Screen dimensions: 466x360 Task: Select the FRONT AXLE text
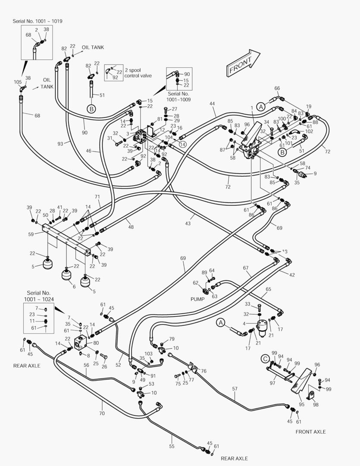click(310, 431)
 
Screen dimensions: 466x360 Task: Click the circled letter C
click(265, 358)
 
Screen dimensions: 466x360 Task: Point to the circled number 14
click(182, 145)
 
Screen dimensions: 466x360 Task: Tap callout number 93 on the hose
click(60, 143)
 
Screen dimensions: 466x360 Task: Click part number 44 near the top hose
click(212, 104)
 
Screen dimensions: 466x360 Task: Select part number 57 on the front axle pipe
click(235, 389)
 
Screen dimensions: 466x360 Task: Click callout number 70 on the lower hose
click(102, 413)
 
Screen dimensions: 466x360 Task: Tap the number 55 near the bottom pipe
click(172, 446)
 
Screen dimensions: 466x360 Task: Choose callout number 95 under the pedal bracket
click(302, 404)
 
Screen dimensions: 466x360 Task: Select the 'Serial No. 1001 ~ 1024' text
click(38, 296)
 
